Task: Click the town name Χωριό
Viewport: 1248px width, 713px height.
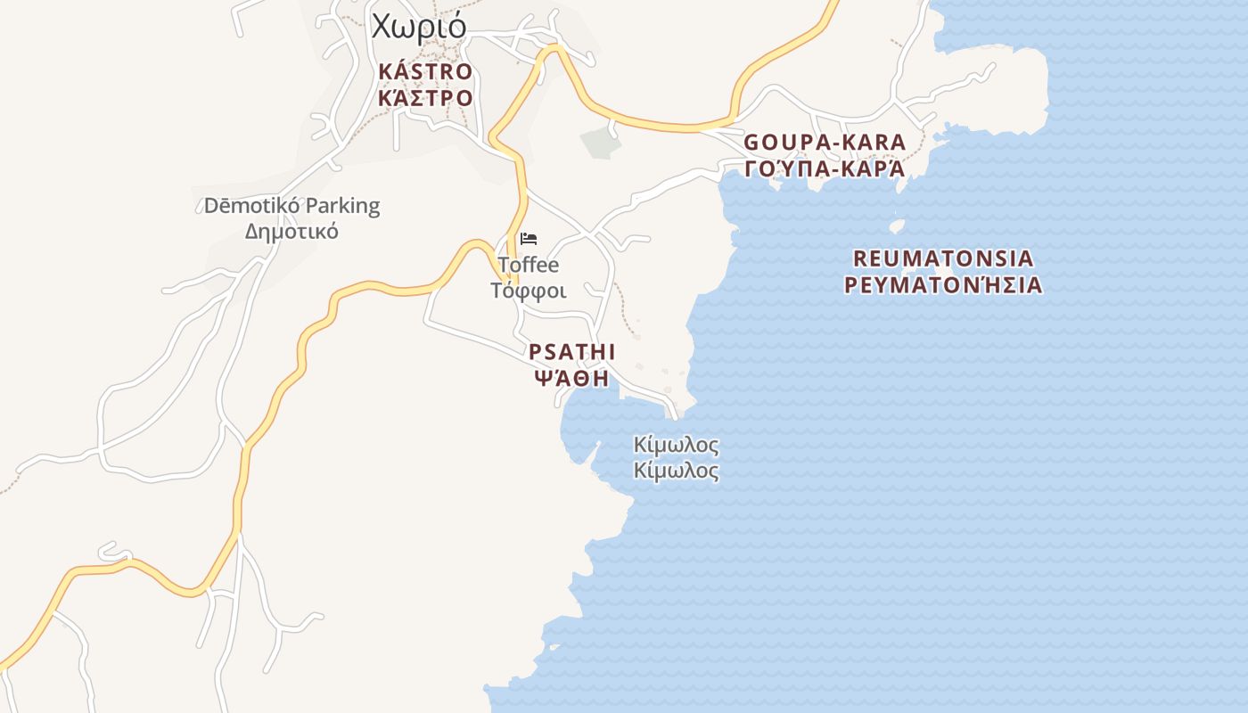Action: point(419,27)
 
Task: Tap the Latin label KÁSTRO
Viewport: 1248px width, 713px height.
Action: point(425,71)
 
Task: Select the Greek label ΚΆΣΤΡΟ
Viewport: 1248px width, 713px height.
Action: point(425,97)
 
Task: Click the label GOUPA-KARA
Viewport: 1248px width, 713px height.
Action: point(825,143)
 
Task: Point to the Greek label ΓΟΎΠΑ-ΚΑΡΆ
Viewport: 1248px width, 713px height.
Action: point(825,168)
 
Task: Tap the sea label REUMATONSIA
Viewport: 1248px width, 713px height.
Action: point(944,258)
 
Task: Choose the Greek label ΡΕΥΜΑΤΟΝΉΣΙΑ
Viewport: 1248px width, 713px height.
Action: point(944,285)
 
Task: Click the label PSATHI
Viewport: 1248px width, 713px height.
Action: point(571,352)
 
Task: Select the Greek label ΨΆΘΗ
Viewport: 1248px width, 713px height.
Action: point(571,378)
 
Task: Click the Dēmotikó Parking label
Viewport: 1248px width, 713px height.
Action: point(291,206)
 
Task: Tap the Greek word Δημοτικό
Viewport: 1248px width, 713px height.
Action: point(291,232)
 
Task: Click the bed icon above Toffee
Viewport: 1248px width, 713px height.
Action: point(529,239)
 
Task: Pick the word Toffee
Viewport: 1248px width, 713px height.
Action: point(529,265)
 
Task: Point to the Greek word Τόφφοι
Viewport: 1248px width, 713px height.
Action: point(529,291)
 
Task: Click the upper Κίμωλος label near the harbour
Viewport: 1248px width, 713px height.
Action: point(676,445)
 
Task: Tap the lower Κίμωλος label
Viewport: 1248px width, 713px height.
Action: point(676,471)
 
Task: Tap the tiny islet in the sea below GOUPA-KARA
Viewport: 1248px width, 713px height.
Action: point(897,226)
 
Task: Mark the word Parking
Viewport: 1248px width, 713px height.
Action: point(341,206)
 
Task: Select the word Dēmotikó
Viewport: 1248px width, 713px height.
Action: point(251,206)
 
